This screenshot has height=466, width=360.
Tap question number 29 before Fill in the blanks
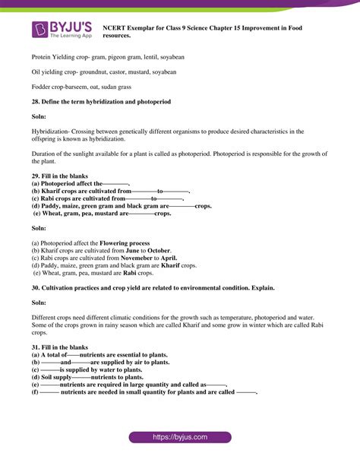tap(36, 176)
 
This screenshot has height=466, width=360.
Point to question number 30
tap(36, 288)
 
